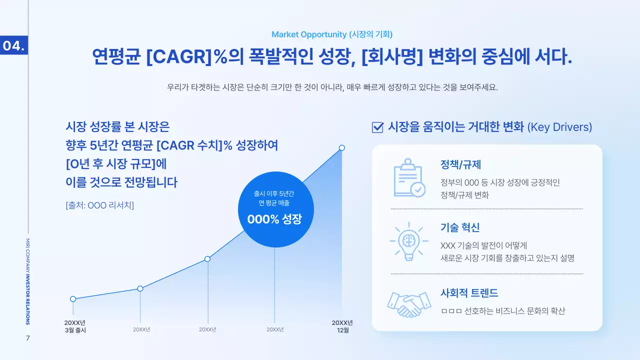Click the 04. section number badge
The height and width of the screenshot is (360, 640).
pos(13,45)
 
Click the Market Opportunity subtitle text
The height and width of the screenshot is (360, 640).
pos(332,34)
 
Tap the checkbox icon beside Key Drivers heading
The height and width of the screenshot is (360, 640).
pos(377,127)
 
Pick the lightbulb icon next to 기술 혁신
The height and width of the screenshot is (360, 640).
pos(409,241)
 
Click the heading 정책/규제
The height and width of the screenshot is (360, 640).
pos(460,164)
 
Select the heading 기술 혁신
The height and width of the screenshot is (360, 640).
pos(460,227)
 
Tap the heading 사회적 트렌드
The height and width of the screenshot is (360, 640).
pos(469,293)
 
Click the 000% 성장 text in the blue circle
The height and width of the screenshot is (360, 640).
pos(274,219)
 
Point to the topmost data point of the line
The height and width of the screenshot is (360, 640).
pos(342,147)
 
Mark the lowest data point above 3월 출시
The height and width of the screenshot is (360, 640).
pos(73,299)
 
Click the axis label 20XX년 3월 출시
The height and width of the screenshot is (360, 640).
pos(75,326)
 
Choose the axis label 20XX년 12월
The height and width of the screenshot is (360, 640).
pos(342,326)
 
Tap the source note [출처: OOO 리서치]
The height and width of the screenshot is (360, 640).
pos(99,205)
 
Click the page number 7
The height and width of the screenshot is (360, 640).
pos(28,338)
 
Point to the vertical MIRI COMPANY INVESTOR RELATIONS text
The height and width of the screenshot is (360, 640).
pos(28,281)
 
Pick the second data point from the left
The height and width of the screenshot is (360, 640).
pos(140,288)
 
